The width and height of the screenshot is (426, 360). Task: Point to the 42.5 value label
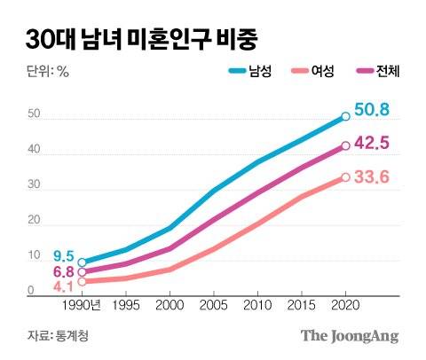click(x=373, y=144)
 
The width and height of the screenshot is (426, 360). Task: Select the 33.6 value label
click(x=373, y=177)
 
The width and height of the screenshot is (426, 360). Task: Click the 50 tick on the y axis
click(x=33, y=114)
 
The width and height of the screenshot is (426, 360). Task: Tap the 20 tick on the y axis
click(x=33, y=222)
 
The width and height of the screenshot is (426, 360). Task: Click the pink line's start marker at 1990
click(x=82, y=282)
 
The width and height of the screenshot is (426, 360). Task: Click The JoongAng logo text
click(x=349, y=336)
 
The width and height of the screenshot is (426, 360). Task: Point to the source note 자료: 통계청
click(x=59, y=336)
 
